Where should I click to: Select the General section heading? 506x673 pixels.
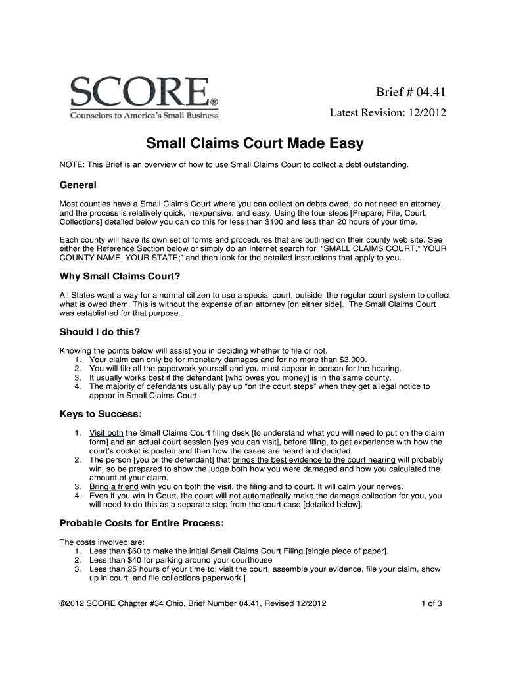(78, 185)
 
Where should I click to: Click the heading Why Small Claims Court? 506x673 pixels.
(119, 275)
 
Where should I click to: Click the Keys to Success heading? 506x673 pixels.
(101, 414)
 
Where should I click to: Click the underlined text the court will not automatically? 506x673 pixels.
(236, 496)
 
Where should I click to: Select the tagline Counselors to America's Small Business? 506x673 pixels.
(144, 116)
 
